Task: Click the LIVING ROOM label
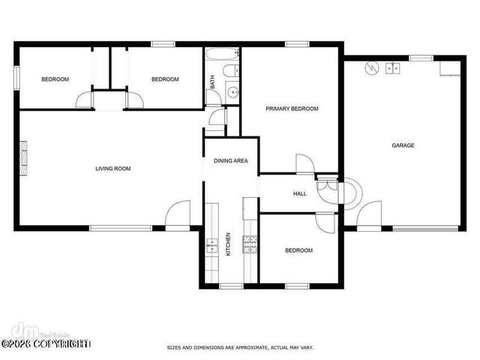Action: (x=112, y=169)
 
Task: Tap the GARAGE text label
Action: (x=403, y=145)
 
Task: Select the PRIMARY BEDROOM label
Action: (x=292, y=109)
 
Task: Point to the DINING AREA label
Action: (x=230, y=160)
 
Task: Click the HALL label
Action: (x=299, y=193)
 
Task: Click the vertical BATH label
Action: (x=212, y=82)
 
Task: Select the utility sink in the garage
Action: (x=392, y=68)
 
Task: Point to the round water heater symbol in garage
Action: (x=369, y=68)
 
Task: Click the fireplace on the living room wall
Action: (x=24, y=157)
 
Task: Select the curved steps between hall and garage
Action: (x=352, y=192)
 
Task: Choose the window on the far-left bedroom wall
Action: (x=16, y=78)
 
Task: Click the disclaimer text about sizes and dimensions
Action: (x=239, y=348)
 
